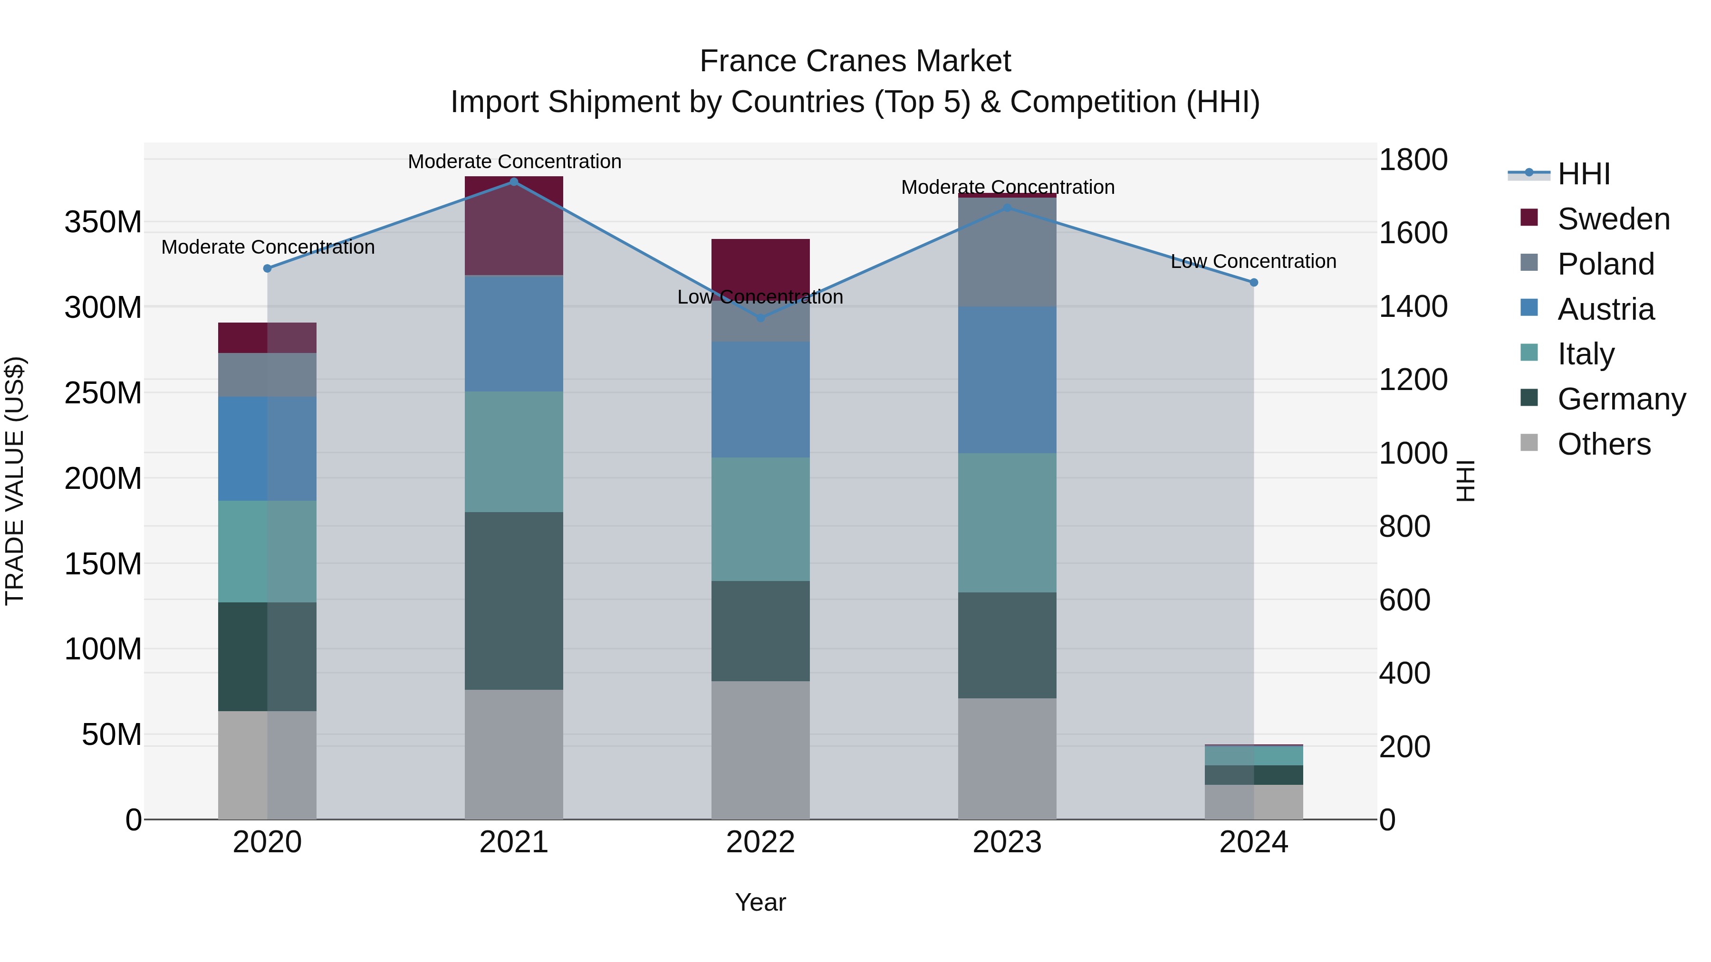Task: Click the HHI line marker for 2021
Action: tap(513, 181)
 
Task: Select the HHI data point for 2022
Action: tap(760, 318)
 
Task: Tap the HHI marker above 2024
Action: tap(1253, 282)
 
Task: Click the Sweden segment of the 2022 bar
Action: tap(760, 262)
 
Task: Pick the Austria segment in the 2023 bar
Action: tap(1007, 380)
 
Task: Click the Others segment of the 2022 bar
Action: tap(760, 750)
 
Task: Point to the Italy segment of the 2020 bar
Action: tap(267, 551)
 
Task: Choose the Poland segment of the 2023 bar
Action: tap(1007, 252)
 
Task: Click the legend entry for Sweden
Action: tap(1613, 219)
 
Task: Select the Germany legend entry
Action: tap(1621, 399)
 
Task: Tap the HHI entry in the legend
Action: tap(1584, 174)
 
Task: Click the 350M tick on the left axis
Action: tap(103, 222)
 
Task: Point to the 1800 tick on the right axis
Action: tap(1413, 160)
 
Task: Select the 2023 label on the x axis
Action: tap(1007, 842)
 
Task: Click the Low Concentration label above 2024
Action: tap(1253, 262)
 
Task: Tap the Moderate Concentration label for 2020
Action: tap(268, 247)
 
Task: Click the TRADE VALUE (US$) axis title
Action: tap(15, 481)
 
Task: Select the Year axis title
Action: tap(760, 902)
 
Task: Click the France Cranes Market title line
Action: tap(855, 61)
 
